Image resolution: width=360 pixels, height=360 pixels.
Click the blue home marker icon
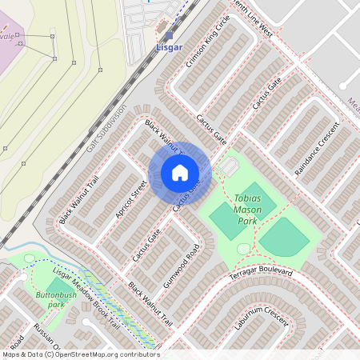click(180, 173)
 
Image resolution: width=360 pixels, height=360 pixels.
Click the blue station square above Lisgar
click(169, 35)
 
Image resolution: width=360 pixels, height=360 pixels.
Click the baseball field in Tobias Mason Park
click(284, 237)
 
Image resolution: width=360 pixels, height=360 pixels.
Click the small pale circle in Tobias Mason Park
click(243, 249)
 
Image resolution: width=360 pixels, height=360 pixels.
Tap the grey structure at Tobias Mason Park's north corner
click(230, 166)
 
